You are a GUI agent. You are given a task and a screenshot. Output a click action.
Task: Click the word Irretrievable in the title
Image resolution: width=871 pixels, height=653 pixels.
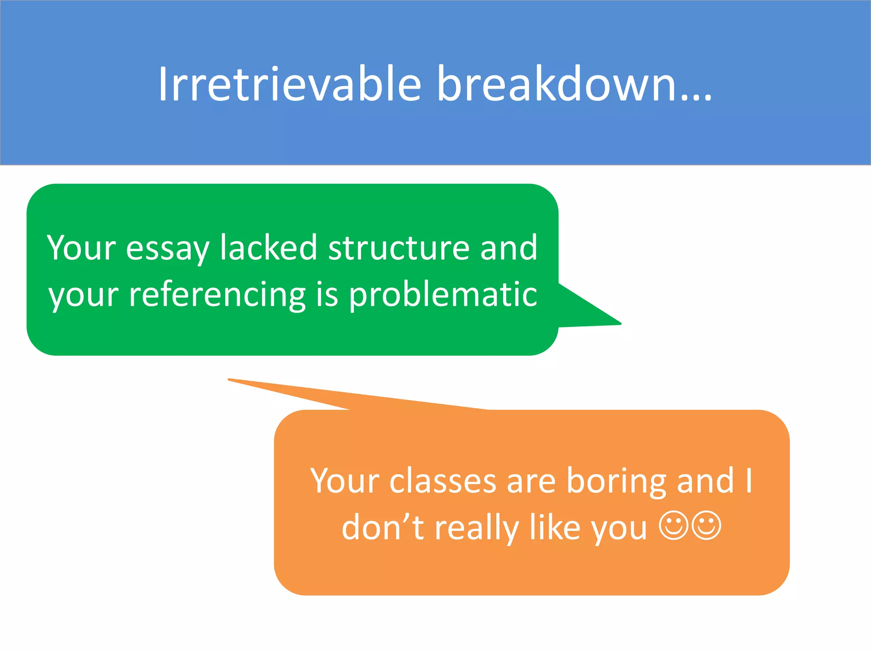click(289, 84)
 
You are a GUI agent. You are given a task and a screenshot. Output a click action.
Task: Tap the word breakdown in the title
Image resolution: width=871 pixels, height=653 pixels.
click(557, 84)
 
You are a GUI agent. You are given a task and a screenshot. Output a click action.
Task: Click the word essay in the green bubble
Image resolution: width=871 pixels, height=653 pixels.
click(168, 249)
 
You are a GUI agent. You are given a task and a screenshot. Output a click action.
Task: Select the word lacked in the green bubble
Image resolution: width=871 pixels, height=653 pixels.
click(268, 247)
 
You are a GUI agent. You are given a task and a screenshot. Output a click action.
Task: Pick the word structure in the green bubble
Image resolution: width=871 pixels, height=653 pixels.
click(398, 247)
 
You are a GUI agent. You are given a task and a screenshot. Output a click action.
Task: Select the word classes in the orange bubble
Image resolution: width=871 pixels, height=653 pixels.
click(443, 481)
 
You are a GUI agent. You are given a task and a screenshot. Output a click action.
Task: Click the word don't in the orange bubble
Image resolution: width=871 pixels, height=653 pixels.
click(383, 527)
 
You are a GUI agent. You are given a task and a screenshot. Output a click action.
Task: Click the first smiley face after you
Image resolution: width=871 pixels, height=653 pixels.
click(674, 525)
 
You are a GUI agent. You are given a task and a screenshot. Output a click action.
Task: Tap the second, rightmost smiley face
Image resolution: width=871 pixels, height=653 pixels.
click(707, 525)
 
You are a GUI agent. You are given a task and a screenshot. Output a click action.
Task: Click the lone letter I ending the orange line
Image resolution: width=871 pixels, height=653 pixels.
click(749, 480)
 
